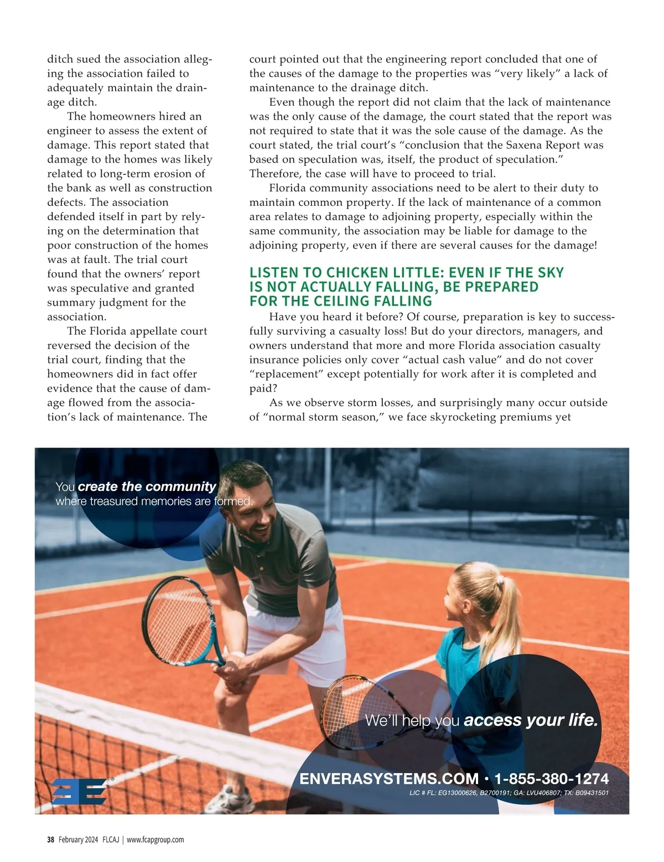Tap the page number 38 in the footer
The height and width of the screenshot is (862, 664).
(x=50, y=839)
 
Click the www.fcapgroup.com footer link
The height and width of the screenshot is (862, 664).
(x=155, y=839)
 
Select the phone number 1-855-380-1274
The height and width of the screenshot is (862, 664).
(x=551, y=779)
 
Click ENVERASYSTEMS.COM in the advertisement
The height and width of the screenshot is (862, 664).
(x=389, y=779)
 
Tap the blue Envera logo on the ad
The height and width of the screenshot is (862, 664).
(x=79, y=791)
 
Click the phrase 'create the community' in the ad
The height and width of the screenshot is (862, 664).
(x=147, y=486)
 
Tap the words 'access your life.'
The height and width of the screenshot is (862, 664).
(x=531, y=720)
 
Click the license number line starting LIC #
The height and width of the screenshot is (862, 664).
(x=509, y=793)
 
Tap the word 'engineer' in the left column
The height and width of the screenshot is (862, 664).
(x=69, y=131)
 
